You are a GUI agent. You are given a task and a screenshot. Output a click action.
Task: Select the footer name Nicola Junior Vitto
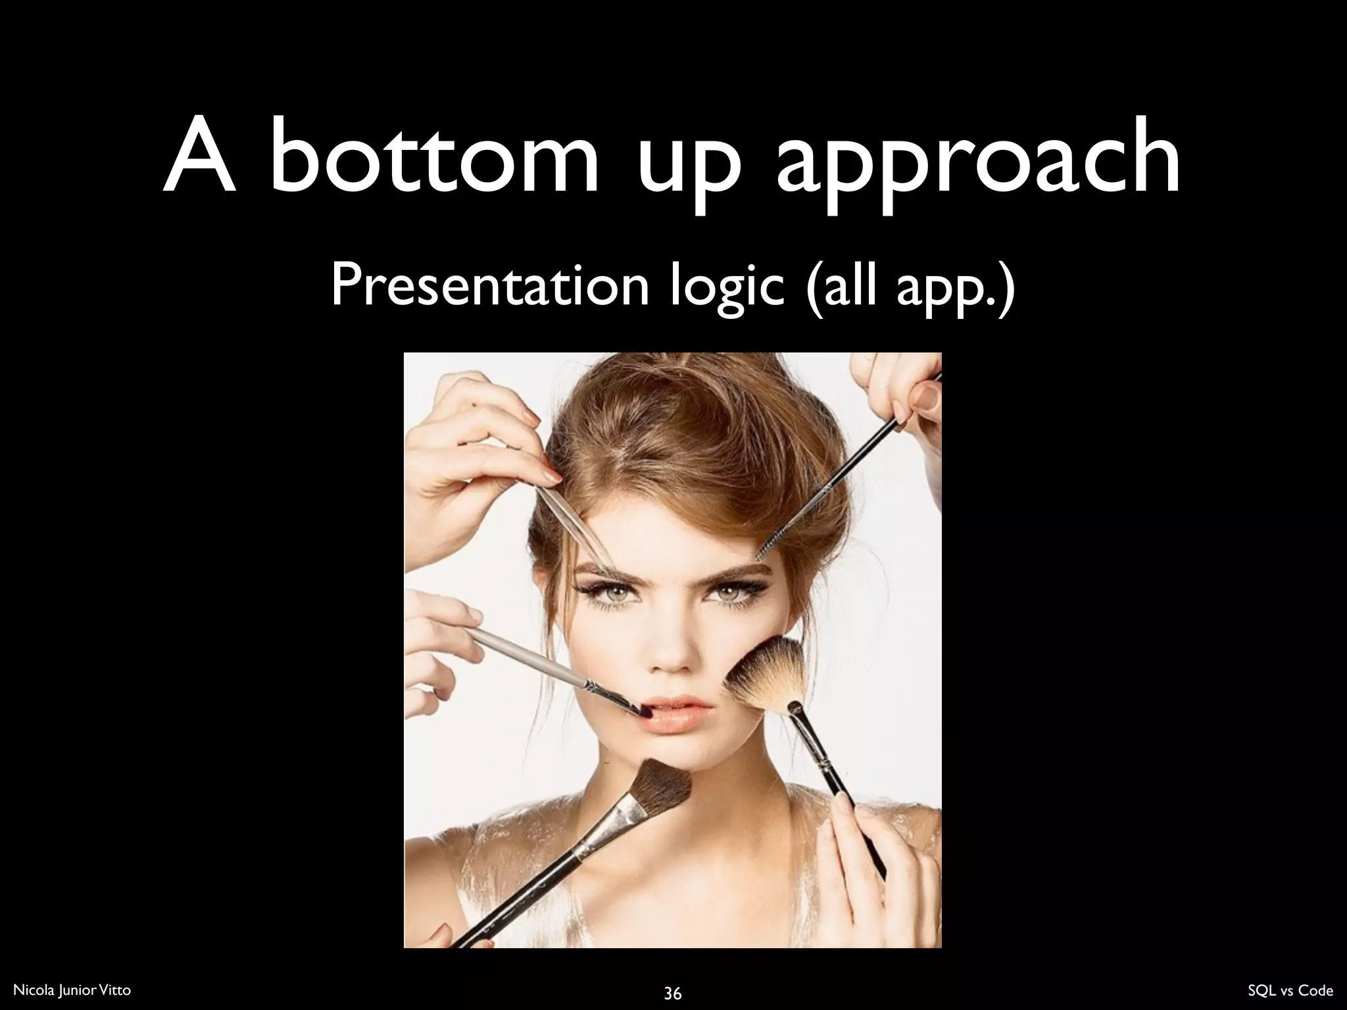[72, 990]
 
